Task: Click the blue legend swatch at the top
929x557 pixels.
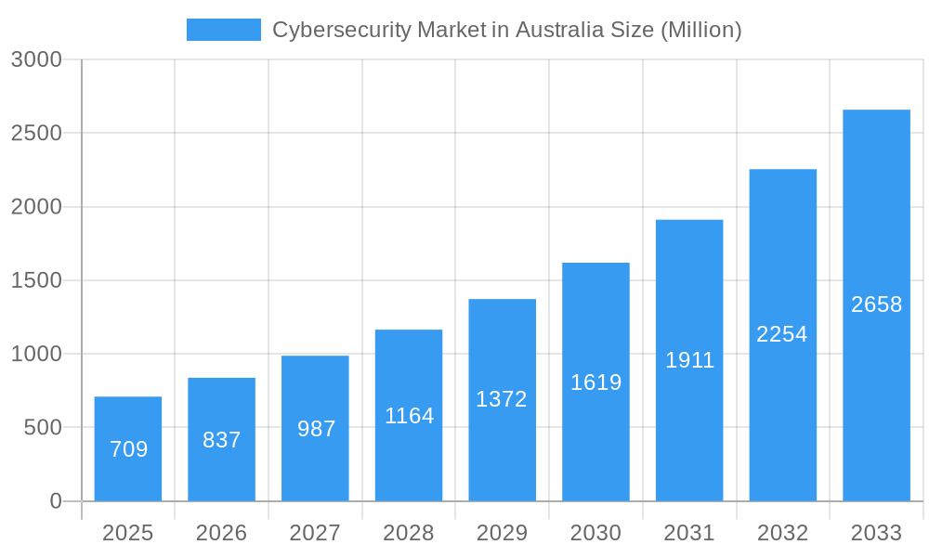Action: (224, 30)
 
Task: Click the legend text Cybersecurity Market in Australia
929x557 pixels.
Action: (506, 30)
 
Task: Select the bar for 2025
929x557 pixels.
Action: (128, 449)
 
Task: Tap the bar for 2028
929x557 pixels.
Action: (409, 415)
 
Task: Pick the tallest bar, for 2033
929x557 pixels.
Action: (876, 305)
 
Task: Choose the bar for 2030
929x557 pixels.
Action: (595, 382)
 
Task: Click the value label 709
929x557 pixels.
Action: (128, 449)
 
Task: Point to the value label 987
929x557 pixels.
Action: (316, 429)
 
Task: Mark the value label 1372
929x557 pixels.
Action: (502, 399)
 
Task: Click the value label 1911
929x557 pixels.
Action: (689, 360)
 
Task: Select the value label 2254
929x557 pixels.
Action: (782, 334)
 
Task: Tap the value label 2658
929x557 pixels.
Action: (876, 304)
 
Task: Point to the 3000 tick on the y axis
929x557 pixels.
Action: (36, 59)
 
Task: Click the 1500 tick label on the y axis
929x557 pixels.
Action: (36, 280)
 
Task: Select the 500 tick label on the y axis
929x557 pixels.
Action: (42, 428)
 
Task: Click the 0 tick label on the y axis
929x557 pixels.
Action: (55, 501)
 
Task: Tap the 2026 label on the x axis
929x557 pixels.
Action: (222, 533)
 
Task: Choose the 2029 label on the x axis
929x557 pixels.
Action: (502, 533)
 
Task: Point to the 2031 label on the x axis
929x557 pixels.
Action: (689, 533)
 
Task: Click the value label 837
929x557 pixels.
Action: (222, 440)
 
